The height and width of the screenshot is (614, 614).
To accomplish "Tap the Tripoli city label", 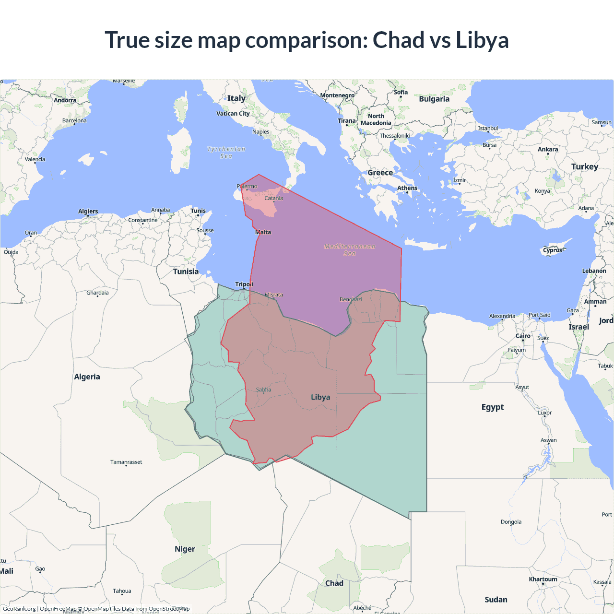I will [244, 284].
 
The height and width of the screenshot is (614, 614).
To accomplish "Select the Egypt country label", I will [493, 407].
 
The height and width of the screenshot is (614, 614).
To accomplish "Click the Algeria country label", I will [87, 377].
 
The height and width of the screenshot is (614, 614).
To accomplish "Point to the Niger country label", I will [185, 549].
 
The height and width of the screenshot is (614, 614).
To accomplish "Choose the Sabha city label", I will [263, 390].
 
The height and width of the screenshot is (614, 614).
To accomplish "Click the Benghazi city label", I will [351, 299].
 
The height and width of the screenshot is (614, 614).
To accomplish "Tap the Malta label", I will [263, 232].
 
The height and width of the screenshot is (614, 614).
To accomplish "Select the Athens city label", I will [407, 188].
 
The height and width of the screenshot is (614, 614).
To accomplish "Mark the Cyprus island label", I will [553, 250].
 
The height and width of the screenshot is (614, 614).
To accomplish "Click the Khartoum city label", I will [543, 579].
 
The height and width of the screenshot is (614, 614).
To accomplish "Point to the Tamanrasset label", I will [126, 462].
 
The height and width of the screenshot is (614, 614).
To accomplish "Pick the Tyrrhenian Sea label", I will [226, 153].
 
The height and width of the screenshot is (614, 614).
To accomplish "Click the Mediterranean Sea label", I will [350, 249].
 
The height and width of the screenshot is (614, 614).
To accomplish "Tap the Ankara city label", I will [548, 150].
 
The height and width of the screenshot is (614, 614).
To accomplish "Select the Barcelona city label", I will [74, 121].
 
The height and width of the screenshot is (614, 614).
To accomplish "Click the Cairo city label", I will [523, 336].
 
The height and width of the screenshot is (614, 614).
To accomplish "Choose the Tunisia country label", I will [186, 272].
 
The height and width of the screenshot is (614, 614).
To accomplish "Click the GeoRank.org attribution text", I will [19, 609].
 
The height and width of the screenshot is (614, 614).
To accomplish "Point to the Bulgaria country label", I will [434, 99].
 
